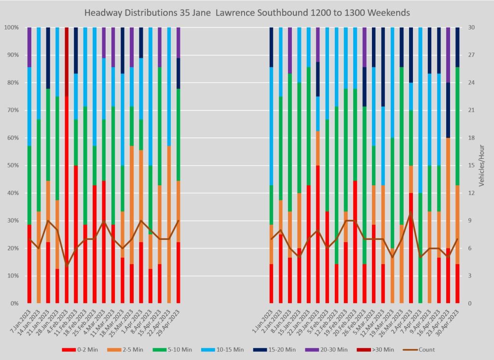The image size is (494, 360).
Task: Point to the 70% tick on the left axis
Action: pos(12,111)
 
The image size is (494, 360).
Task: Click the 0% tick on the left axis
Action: pos(14,304)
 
